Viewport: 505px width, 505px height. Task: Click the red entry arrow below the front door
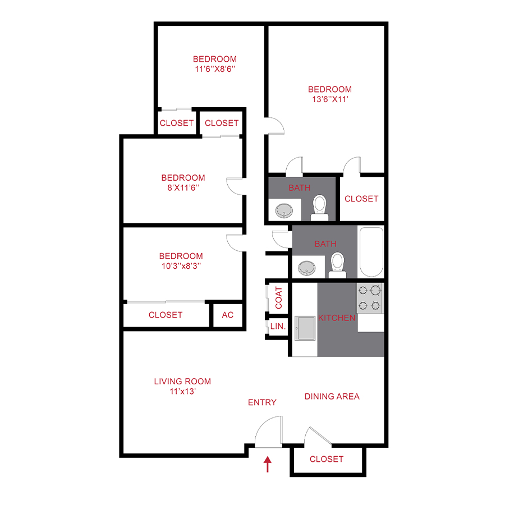[268, 464]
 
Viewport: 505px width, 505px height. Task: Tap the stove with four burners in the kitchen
[370, 298]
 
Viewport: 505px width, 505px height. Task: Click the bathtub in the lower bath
[371, 252]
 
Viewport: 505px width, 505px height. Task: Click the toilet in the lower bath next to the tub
[337, 264]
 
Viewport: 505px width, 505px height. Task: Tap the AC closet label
[227, 315]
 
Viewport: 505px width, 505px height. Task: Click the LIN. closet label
[278, 326]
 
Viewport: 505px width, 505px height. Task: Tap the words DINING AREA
[332, 396]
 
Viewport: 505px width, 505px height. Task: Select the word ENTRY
[262, 402]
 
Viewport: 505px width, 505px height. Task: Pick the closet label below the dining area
[326, 459]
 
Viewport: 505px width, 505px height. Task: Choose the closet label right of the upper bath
[361, 199]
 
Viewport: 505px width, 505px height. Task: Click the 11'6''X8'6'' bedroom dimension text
[214, 69]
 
